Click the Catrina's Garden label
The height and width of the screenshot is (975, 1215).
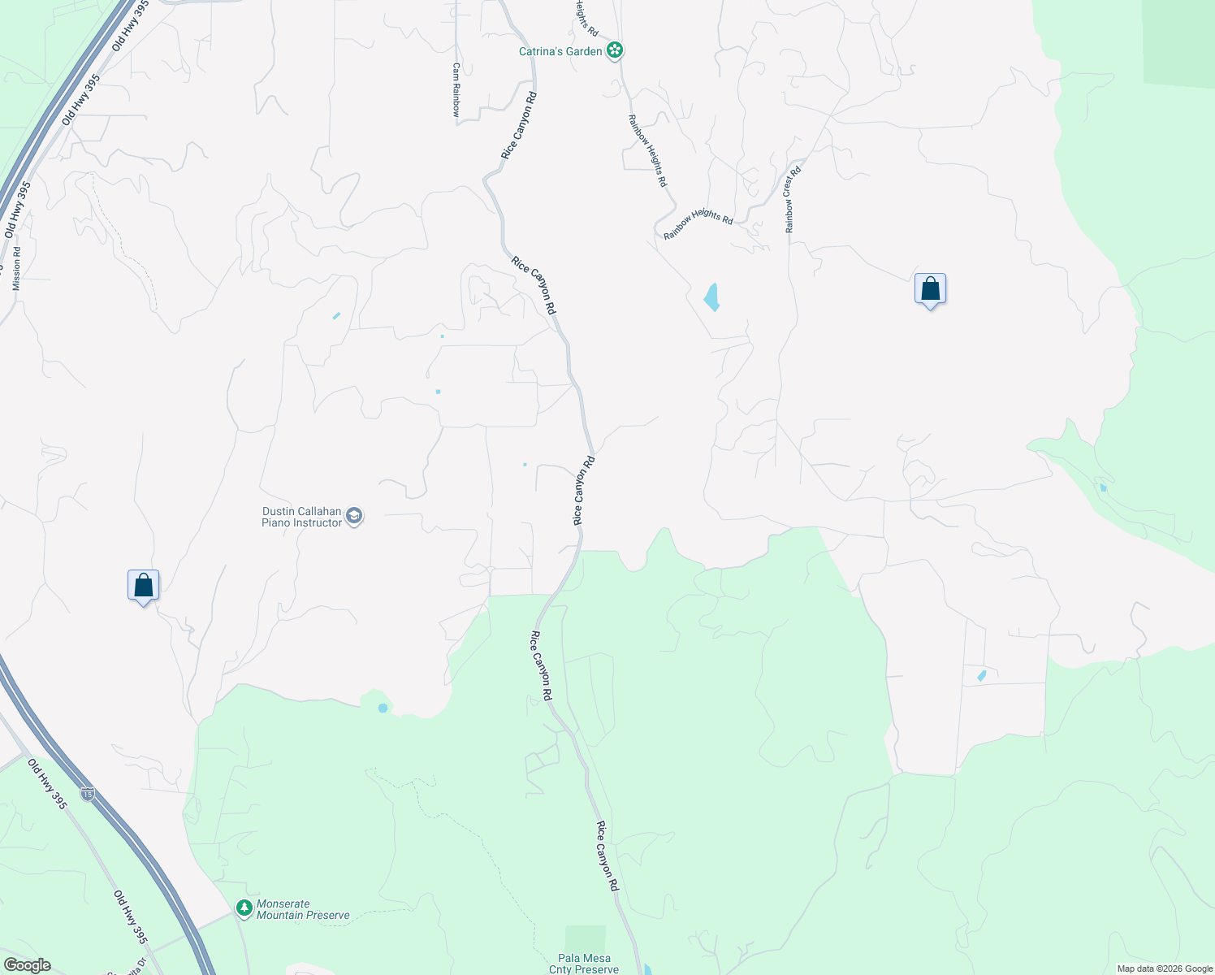tap(560, 51)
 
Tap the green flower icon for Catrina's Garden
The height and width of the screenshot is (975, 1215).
tap(616, 51)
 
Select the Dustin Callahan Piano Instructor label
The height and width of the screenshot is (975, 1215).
tap(301, 517)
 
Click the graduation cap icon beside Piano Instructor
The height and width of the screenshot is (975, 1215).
tap(354, 516)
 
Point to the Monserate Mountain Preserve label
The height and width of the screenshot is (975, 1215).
tap(303, 909)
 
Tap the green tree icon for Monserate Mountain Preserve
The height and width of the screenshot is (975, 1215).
tap(244, 908)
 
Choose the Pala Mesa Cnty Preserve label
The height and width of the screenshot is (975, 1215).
tap(585, 964)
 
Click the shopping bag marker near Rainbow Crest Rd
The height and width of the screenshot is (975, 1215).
tap(930, 289)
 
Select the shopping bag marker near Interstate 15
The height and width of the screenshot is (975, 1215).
tap(143, 586)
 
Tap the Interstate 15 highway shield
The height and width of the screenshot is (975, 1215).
tap(88, 792)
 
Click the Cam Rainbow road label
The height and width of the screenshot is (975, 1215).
tap(456, 90)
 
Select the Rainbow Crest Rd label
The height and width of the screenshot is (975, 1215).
tap(793, 200)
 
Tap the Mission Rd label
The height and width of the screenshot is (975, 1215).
tap(17, 269)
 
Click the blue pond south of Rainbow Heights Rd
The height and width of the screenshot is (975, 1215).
tap(712, 297)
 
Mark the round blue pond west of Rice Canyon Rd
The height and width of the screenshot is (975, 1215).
tap(383, 708)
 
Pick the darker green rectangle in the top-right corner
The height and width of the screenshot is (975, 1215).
tap(1178, 41)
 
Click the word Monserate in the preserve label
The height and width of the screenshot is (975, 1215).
tap(283, 903)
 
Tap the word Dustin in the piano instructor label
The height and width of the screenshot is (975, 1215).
tap(279, 511)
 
